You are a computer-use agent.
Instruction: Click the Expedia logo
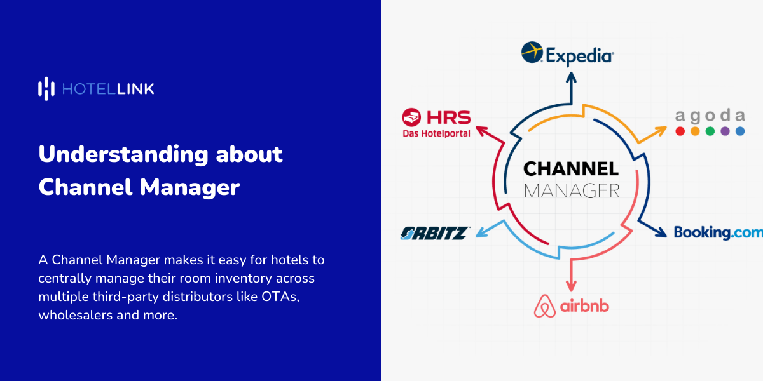click(x=567, y=53)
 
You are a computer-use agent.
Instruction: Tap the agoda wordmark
click(x=710, y=116)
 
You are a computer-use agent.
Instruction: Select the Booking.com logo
click(x=718, y=232)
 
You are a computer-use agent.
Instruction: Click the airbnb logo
click(x=571, y=306)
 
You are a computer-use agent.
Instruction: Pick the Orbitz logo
click(x=435, y=233)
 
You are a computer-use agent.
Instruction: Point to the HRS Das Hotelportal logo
click(x=436, y=123)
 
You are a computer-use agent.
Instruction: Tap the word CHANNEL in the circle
click(x=570, y=169)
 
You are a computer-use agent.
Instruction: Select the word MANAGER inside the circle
click(x=570, y=190)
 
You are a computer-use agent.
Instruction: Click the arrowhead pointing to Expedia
click(x=571, y=77)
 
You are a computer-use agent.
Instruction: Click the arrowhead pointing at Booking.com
click(x=662, y=232)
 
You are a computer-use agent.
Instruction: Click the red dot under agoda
click(x=680, y=131)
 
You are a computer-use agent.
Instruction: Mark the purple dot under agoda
click(x=725, y=131)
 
